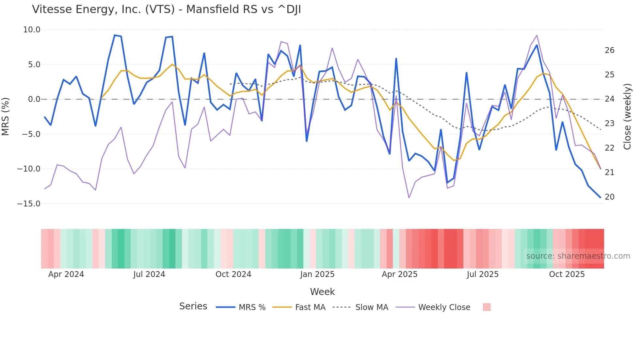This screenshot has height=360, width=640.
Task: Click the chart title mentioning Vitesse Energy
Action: [166, 9]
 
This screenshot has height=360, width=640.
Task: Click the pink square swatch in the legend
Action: [487, 307]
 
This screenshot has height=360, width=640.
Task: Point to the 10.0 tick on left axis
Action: [32, 30]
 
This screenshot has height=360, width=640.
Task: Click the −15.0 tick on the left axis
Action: [29, 204]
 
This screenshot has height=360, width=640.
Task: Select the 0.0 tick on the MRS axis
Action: [34, 99]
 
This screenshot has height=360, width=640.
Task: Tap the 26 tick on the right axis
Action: [609, 50]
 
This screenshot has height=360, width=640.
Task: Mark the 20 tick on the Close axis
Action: [609, 197]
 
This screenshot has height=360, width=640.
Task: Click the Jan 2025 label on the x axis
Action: [317, 274]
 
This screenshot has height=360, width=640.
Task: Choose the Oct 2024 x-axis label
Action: [233, 274]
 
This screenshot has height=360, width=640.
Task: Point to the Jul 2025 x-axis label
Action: [482, 274]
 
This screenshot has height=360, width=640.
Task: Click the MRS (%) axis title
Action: [6, 116]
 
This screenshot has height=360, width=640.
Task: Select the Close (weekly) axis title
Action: [627, 117]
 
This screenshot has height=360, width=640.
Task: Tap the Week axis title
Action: [322, 292]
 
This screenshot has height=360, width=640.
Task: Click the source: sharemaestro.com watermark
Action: [578, 256]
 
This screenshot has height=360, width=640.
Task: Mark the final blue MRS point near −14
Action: [600, 197]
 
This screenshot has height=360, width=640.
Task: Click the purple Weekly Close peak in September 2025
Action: [536, 35]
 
